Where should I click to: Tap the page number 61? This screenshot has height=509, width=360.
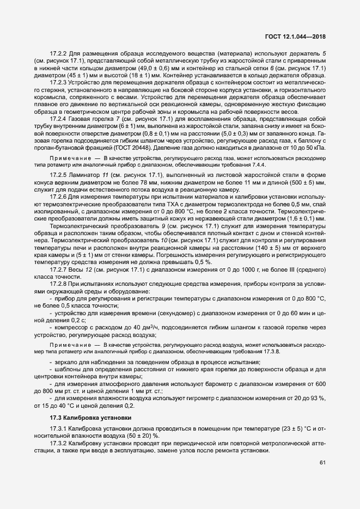pyautogui.click(x=322, y=463)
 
